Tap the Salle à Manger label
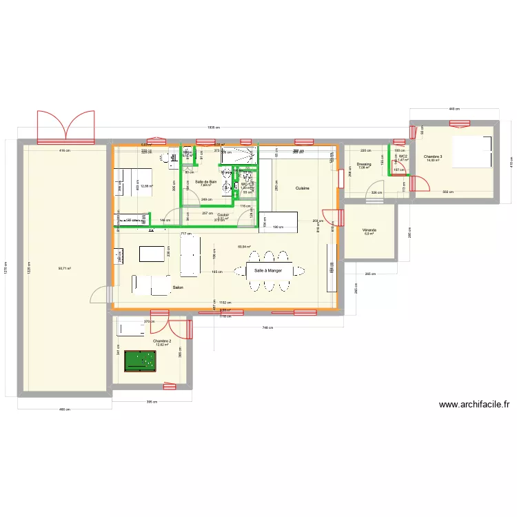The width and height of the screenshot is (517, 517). click(268, 271)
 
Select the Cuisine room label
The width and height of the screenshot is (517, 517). click(302, 187)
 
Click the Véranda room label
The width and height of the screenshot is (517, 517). click(368, 230)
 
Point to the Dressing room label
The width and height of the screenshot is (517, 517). click(364, 164)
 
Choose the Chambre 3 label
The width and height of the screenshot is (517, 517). click(434, 156)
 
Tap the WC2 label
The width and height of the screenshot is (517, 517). click(403, 156)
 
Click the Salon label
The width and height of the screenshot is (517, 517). click(178, 287)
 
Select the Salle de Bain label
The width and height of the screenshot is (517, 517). click(206, 181)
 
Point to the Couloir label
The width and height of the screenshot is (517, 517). click(222, 214)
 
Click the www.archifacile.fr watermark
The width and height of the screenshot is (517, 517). click(473, 405)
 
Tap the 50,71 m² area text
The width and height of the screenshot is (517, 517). click(65, 269)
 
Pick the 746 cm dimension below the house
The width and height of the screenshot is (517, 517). click(265, 328)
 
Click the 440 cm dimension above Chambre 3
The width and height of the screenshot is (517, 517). click(454, 109)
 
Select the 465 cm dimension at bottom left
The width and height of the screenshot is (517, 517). click(64, 410)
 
